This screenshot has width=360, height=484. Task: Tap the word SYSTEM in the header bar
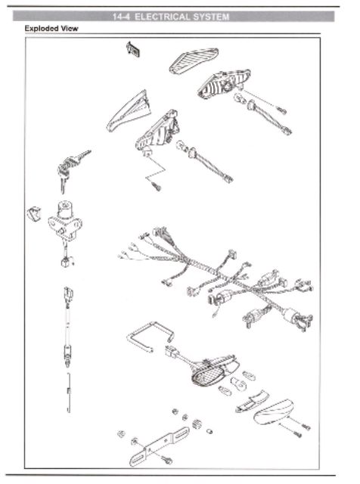(210, 17)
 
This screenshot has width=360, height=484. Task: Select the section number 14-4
(122, 17)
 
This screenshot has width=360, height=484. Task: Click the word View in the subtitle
(70, 29)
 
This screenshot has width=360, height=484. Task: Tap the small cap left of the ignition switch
(34, 214)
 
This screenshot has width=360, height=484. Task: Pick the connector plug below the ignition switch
(67, 262)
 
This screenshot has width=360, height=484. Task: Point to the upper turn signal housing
(223, 83)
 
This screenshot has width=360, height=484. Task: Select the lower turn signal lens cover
(129, 113)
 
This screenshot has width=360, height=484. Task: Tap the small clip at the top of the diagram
(133, 49)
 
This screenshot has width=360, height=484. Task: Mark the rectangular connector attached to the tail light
(171, 352)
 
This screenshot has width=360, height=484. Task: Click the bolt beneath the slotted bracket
(167, 460)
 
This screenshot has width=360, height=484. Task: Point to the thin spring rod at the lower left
(69, 392)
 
